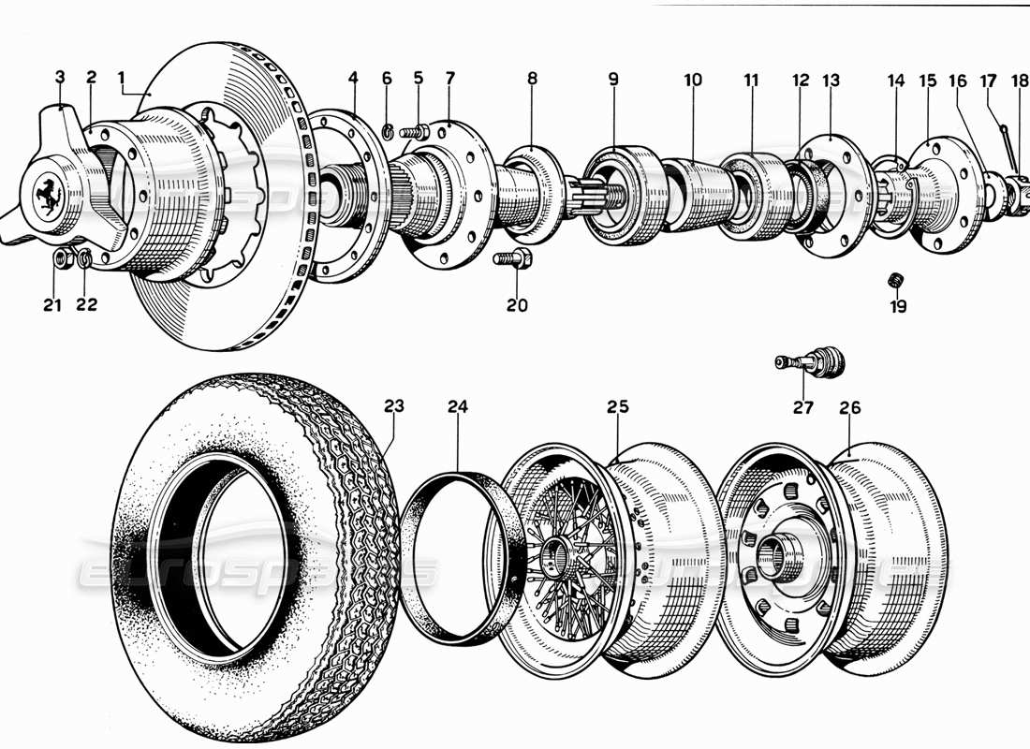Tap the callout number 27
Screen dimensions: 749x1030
[803, 407]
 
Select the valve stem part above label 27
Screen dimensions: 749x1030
[810, 361]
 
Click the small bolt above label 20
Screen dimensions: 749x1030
[511, 259]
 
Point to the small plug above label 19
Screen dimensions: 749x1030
[897, 279]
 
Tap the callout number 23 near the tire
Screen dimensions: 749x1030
[394, 406]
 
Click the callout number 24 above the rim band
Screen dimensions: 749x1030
[457, 406]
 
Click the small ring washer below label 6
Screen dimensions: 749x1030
[388, 129]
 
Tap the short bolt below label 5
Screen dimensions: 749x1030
[415, 132]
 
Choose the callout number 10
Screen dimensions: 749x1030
[693, 80]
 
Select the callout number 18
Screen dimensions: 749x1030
[1020, 80]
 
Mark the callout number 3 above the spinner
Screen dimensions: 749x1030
[60, 76]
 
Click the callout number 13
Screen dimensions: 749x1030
[831, 80]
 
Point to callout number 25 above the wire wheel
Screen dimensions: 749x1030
[617, 406]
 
